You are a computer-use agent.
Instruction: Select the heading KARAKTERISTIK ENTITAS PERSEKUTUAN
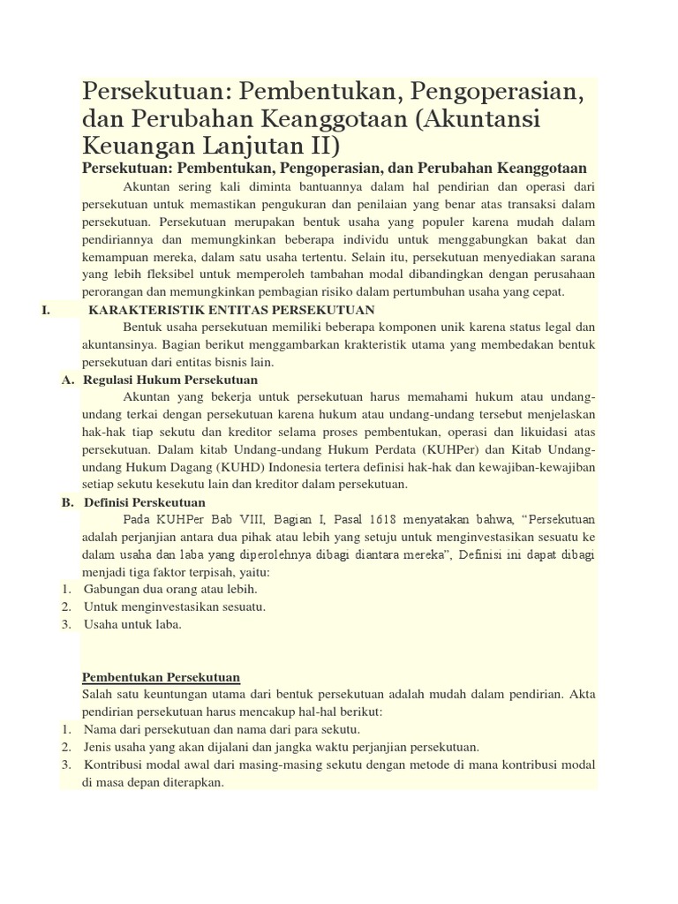pos(232,309)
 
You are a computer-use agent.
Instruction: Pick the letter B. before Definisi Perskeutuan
pos(67,501)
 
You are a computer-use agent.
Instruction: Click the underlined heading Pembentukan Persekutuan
pos(161,677)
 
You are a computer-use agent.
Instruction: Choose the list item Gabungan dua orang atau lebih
pos(170,589)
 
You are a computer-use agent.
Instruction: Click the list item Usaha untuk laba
pos(133,624)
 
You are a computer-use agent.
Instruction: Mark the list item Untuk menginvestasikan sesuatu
pos(175,606)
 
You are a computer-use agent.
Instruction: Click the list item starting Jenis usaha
pos(282,746)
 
